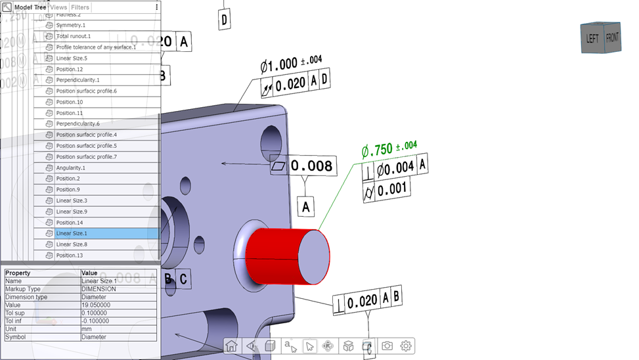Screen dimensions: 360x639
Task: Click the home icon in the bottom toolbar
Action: pos(231,346)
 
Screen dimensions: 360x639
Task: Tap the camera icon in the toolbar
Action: pos(387,346)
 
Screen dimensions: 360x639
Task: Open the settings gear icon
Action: pos(407,346)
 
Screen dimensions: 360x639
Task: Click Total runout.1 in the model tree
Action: pos(73,36)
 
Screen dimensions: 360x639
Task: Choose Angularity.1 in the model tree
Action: pos(70,168)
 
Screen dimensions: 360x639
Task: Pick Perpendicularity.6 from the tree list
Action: pos(77,124)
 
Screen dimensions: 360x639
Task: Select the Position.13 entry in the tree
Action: pos(69,255)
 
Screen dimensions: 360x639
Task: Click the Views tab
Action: pos(58,7)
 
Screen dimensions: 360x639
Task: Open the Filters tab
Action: pos(79,7)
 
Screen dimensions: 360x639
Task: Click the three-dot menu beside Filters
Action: pos(156,7)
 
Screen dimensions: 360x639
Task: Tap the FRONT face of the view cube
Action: pos(612,37)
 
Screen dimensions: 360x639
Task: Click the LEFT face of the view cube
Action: pos(592,39)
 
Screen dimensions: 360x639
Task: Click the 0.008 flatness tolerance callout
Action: pos(311,166)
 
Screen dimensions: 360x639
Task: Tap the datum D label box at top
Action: pos(224,20)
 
